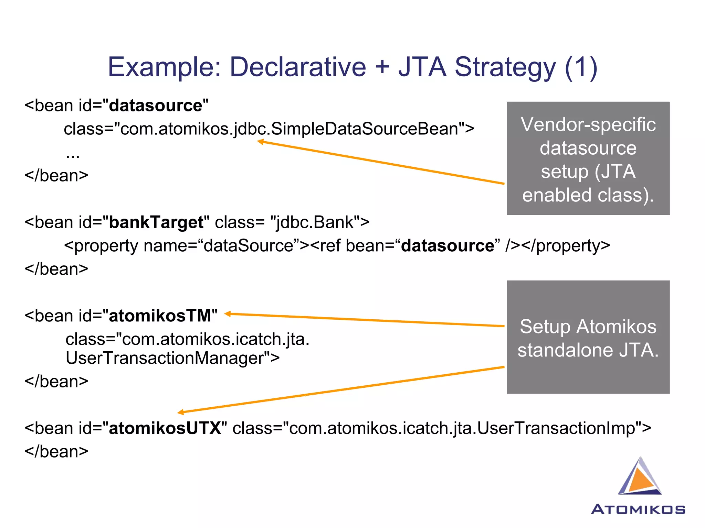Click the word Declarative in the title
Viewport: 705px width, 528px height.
point(298,67)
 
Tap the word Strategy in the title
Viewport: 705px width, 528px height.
point(505,67)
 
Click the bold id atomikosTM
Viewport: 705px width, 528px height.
point(160,316)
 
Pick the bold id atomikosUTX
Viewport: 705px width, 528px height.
point(165,428)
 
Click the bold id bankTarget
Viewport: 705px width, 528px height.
point(156,222)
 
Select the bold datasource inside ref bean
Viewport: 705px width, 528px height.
point(448,246)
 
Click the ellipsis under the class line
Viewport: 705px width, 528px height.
point(73,155)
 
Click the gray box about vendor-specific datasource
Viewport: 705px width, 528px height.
point(588,158)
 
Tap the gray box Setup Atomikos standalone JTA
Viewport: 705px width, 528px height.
point(588,337)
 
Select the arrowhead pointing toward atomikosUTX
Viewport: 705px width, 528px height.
point(180,412)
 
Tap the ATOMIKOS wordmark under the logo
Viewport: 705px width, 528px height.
point(638,509)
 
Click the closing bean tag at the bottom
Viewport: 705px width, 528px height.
point(56,452)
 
